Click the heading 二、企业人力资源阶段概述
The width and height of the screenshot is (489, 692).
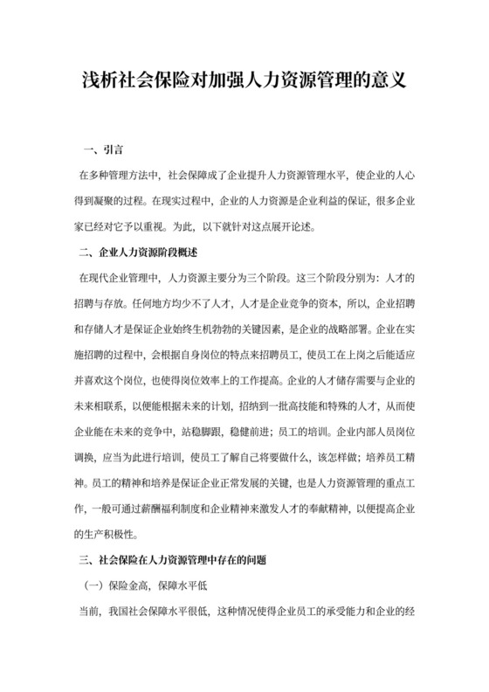140,254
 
